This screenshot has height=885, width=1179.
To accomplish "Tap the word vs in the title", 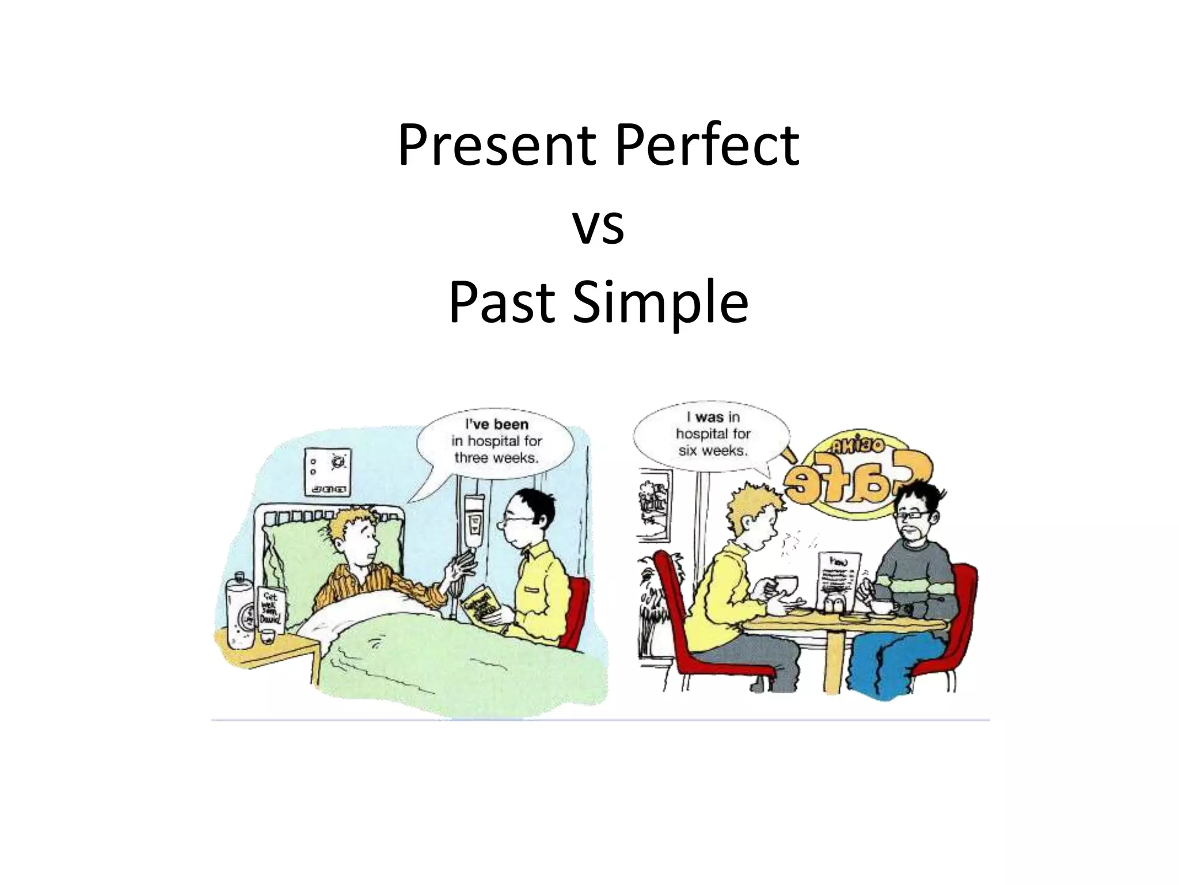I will [598, 226].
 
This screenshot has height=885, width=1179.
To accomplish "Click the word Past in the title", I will [501, 302].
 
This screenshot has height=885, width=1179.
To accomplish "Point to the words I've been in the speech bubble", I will [496, 425].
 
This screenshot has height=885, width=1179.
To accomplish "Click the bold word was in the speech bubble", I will [709, 417].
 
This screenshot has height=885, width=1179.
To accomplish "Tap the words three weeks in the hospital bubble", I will [496, 458].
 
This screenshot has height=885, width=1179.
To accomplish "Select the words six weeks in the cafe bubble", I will [713, 451].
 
